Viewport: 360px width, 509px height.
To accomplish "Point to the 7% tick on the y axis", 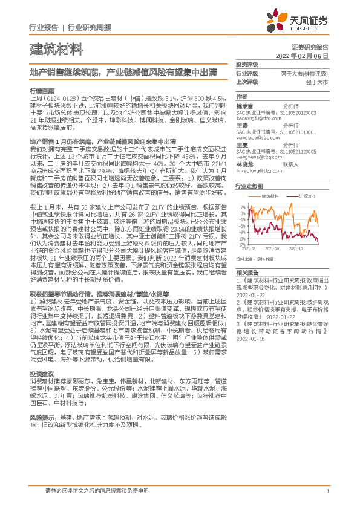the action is click(243, 206).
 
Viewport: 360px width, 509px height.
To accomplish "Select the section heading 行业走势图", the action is click(249, 186).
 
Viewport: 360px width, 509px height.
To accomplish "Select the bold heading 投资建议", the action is click(41, 374).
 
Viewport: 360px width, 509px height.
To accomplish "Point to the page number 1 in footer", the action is click(327, 491).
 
